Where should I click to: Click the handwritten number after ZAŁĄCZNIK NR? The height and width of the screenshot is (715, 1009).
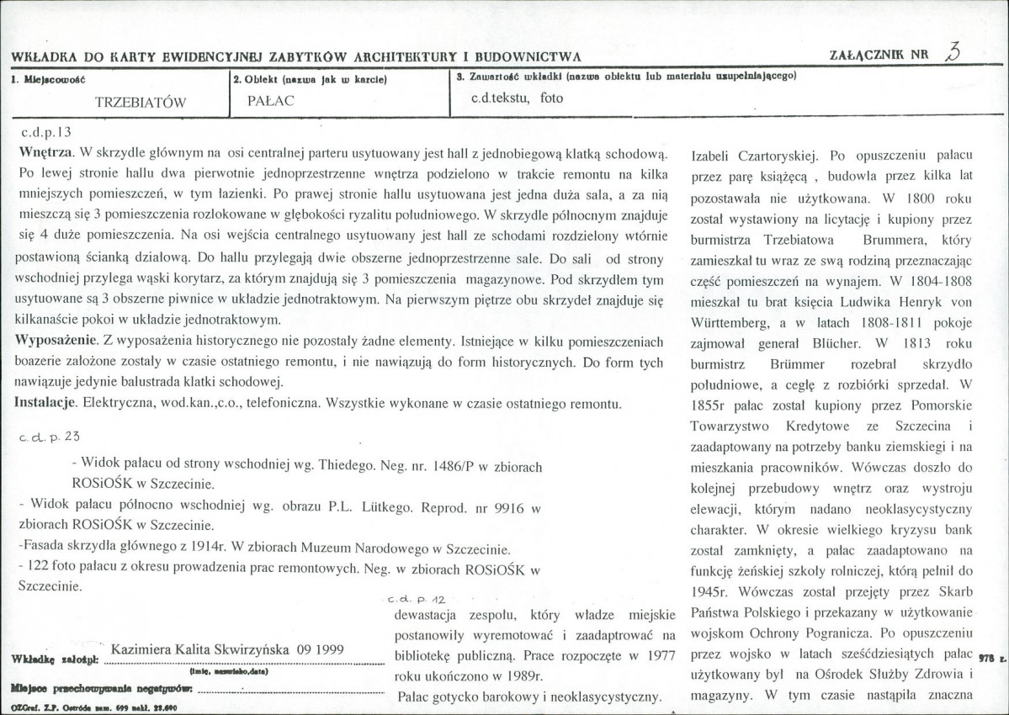(x=952, y=51)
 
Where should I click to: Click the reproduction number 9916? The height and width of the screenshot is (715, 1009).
(x=513, y=507)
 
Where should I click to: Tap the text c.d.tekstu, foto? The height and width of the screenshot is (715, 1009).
(x=518, y=98)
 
